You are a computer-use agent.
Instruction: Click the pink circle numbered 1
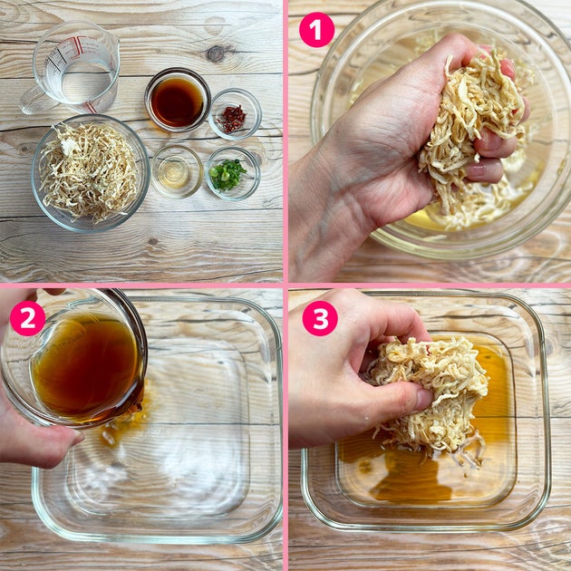pyautogui.click(x=316, y=30)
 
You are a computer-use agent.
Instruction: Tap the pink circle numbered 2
pyautogui.click(x=27, y=318)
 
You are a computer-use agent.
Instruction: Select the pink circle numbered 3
pyautogui.click(x=320, y=318)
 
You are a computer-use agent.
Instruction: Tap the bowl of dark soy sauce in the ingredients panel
pyautogui.click(x=178, y=100)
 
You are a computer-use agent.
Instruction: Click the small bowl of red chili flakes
pyautogui.click(x=235, y=114)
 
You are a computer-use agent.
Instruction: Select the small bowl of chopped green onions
pyautogui.click(x=233, y=174)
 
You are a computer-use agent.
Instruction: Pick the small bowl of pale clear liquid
pyautogui.click(x=177, y=171)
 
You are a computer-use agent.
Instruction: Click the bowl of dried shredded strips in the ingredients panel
pyautogui.click(x=91, y=173)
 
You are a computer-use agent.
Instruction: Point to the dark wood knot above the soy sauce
pyautogui.click(x=217, y=53)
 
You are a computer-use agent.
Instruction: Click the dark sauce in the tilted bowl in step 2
pyautogui.click(x=84, y=368)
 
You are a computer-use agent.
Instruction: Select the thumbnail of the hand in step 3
pyautogui.click(x=423, y=400)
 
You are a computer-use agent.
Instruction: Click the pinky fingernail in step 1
pyautogui.click(x=477, y=170)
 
